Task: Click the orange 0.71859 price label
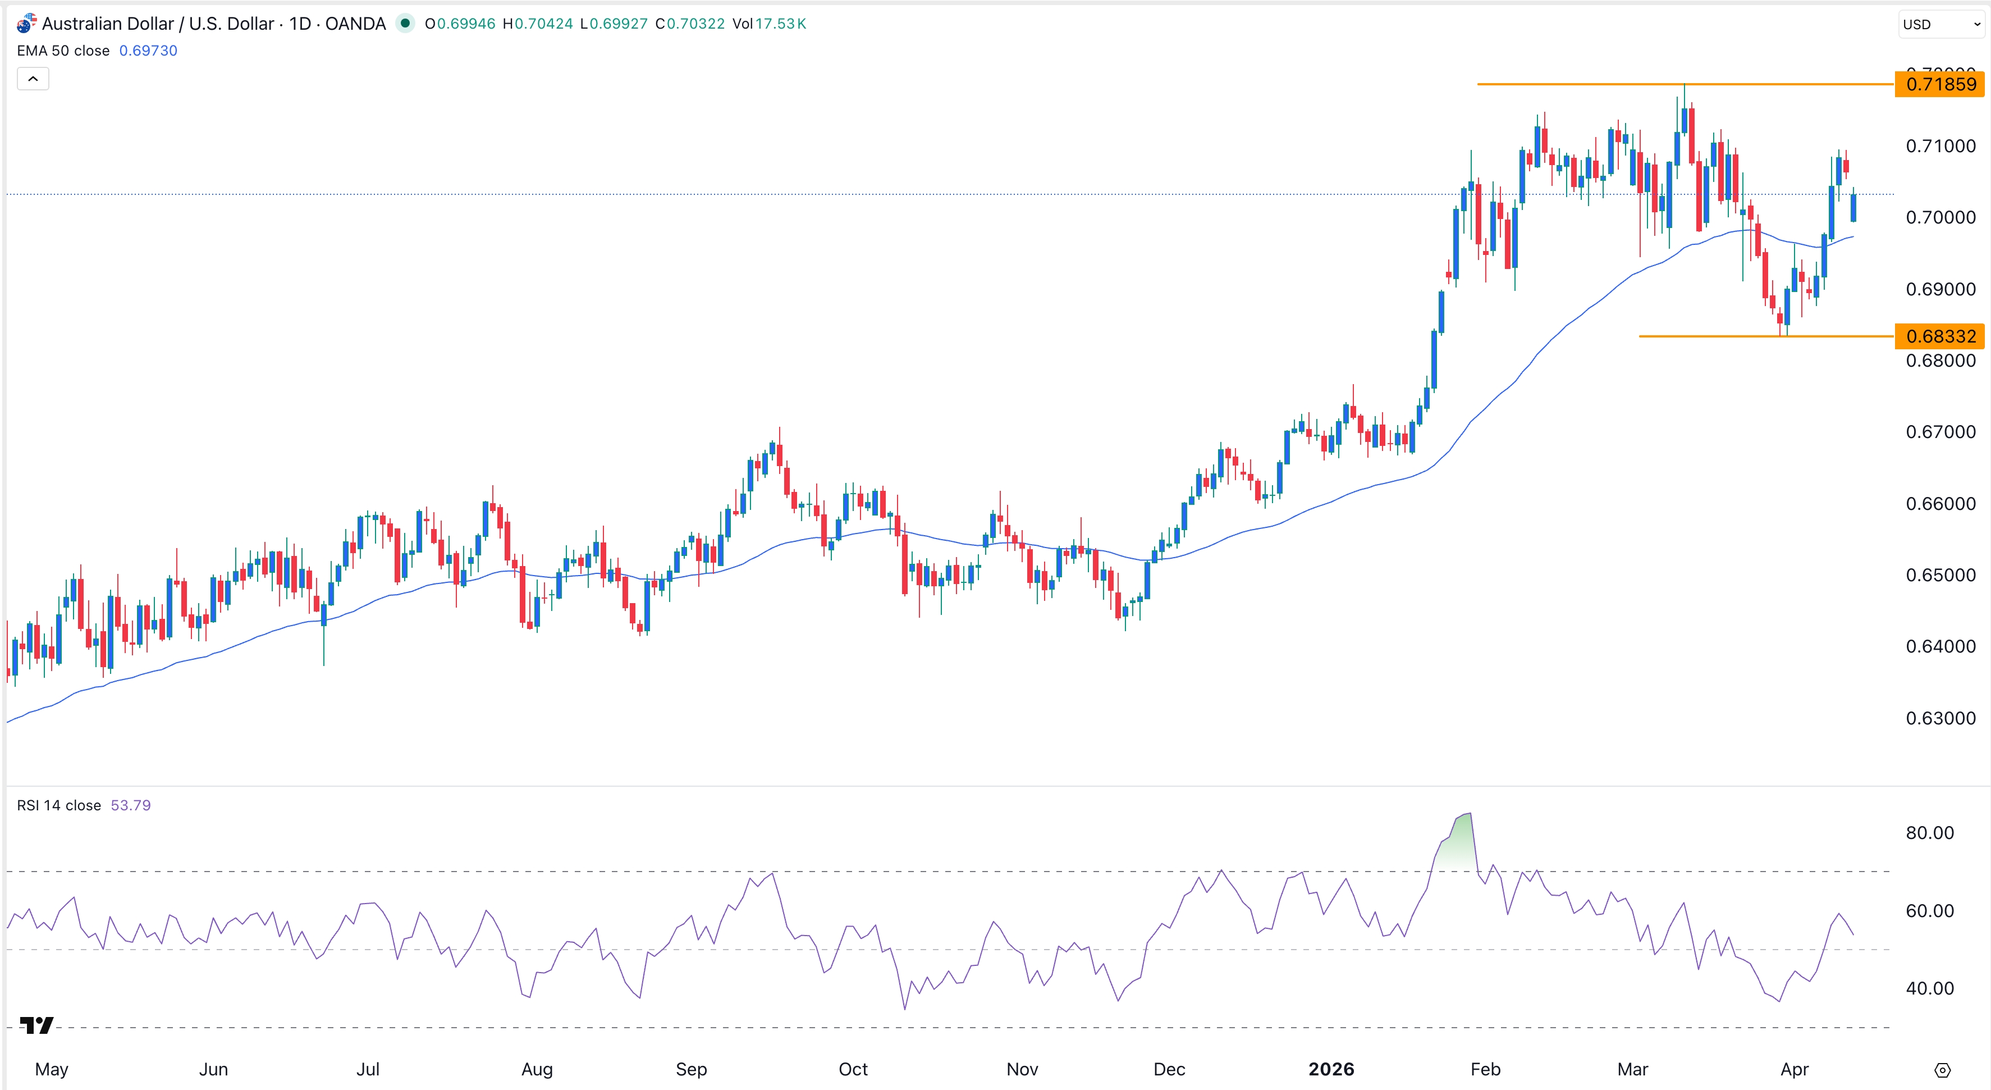[1940, 84]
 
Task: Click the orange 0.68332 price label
[1940, 336]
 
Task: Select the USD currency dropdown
[1940, 24]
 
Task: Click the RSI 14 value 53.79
[131, 805]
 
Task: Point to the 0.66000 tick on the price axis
[1940, 504]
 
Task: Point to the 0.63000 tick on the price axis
[1940, 718]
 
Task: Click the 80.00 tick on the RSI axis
[1929, 833]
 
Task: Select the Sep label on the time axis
[691, 1070]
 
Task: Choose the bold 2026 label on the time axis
[1331, 1070]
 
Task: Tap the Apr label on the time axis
[1794, 1070]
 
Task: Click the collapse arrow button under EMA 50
[33, 79]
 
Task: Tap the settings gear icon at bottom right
[1942, 1071]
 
